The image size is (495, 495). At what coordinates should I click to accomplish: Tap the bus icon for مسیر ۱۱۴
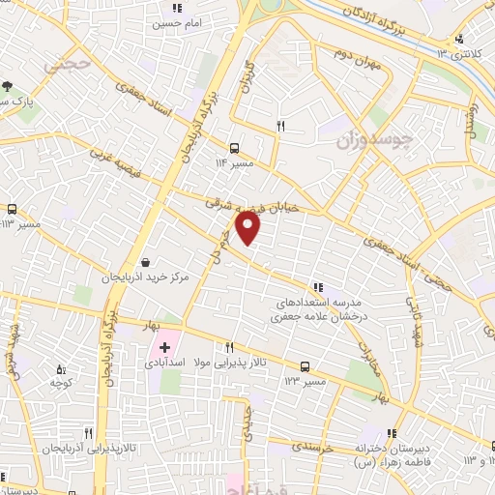[235, 148]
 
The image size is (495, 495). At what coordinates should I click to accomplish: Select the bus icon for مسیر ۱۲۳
[306, 366]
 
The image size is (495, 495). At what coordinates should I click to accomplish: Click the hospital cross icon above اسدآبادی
[165, 346]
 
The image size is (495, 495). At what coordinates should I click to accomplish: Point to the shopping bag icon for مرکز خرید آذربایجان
[145, 261]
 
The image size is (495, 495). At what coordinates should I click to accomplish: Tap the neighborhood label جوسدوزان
[374, 140]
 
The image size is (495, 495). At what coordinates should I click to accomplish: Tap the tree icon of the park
[8, 85]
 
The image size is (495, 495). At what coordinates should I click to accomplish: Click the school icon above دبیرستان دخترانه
[392, 434]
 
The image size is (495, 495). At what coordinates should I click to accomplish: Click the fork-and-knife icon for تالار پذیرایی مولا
[230, 348]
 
